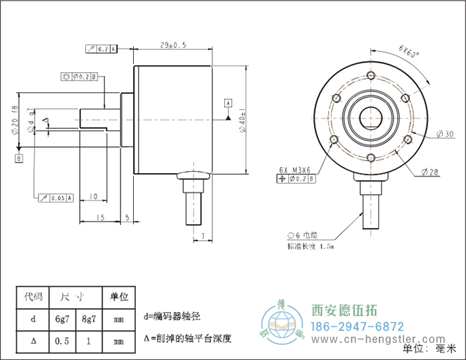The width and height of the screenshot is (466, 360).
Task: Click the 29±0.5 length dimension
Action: tap(173, 46)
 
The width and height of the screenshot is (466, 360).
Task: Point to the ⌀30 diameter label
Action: tap(445, 134)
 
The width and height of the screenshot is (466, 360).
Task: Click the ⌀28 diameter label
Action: tap(430, 172)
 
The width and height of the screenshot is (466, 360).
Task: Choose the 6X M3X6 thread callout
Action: tap(297, 169)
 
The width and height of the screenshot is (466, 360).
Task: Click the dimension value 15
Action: tap(100, 217)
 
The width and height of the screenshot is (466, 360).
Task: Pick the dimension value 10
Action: tap(93, 196)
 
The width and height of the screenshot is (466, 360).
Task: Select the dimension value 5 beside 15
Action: tap(127, 217)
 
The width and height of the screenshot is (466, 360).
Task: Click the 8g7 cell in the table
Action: tap(89, 319)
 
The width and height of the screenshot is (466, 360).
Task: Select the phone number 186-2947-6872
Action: tap(357, 327)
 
